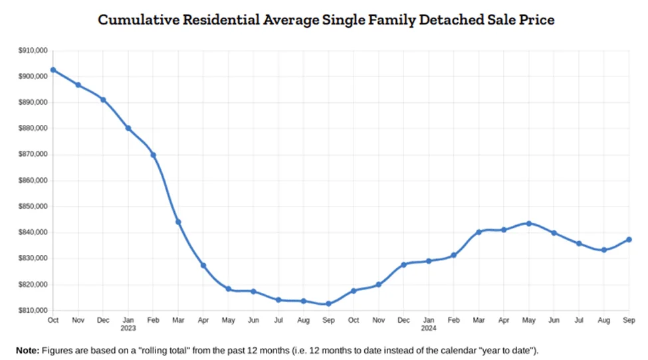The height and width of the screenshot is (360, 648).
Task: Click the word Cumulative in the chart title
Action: click(138, 19)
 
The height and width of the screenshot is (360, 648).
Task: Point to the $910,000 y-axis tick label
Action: click(33, 50)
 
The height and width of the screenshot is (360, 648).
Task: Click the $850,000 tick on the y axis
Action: click(33, 207)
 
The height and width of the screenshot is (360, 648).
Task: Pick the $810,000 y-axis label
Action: click(33, 310)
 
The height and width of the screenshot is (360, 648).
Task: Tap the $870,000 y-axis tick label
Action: click(33, 154)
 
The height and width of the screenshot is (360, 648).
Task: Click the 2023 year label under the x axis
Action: click(128, 328)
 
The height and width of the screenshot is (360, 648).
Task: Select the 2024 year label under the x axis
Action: click(429, 328)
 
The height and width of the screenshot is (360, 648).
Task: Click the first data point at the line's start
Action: click(53, 70)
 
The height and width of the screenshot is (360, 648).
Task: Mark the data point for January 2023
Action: click(128, 128)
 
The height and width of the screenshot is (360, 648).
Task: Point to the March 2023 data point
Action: click(178, 222)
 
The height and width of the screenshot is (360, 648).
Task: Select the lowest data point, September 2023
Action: click(328, 304)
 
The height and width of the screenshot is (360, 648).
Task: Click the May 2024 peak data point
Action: click(529, 224)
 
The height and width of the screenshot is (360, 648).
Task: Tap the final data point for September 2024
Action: click(629, 240)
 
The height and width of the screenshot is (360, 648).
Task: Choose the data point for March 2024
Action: click(479, 232)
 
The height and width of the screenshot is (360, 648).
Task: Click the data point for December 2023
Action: click(404, 264)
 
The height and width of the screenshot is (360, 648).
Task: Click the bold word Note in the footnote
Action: click(28, 351)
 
